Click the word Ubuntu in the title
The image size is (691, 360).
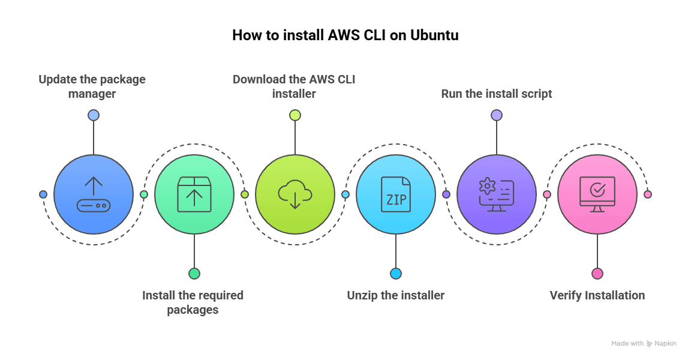pos(434,35)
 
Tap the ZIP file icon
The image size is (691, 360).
pos(396,194)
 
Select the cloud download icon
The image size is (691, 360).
pos(295,194)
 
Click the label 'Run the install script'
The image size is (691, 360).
pos(497,94)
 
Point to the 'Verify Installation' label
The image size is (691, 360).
pos(597,295)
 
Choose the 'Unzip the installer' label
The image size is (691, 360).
pos(396,295)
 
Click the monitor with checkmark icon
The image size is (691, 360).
pos(597,194)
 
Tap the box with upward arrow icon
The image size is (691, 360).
pos(194,194)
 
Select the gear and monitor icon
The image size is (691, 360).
pos(497,194)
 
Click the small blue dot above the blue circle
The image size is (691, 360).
pos(94,115)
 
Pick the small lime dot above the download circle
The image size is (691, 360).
pos(295,115)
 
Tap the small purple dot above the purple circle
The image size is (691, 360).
pos(497,115)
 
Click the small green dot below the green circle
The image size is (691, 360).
pos(194,274)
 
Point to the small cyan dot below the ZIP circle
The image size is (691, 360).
pos(396,274)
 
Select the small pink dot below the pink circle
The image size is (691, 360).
pos(597,274)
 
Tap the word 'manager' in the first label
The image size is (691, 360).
pos(92,94)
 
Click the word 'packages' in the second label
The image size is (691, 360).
pos(193,310)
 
